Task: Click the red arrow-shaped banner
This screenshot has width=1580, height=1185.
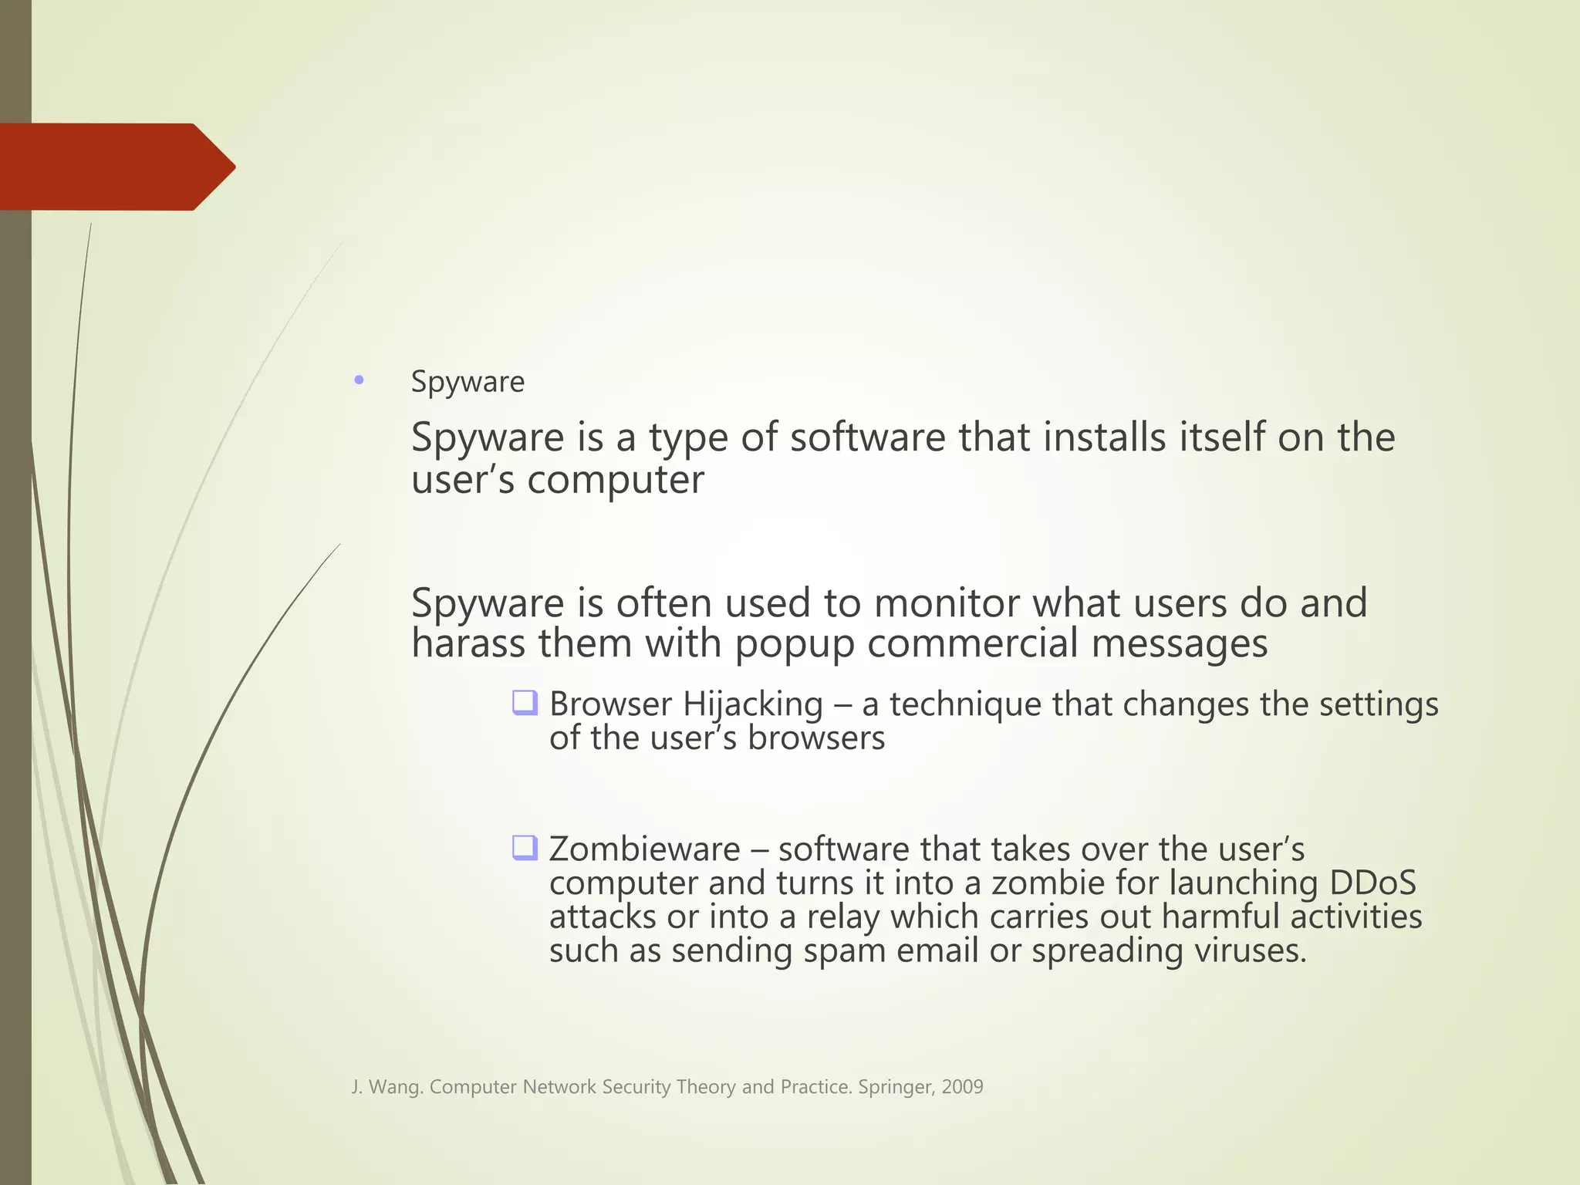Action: click(116, 167)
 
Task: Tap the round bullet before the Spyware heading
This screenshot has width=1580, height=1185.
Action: click(359, 380)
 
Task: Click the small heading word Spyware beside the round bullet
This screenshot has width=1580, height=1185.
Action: click(468, 382)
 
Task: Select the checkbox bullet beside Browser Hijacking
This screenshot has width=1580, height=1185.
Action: click(525, 703)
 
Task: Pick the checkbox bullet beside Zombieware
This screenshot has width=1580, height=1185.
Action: click(525, 848)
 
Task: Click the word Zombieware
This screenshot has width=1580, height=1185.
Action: click(644, 849)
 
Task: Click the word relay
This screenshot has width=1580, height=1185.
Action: click(843, 917)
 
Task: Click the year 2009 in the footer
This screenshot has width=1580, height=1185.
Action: click(962, 1087)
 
